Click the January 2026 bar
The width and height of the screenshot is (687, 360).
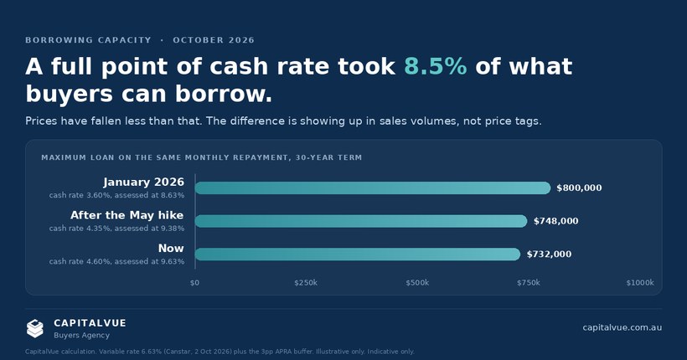[x=373, y=188]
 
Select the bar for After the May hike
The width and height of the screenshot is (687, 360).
[x=361, y=221]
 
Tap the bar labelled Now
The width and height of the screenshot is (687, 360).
[x=358, y=254]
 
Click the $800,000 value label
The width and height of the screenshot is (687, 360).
[x=579, y=188]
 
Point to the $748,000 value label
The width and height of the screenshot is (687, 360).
[x=555, y=221]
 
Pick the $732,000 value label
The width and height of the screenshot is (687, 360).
[x=549, y=254]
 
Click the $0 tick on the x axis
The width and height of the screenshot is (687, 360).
[x=194, y=282]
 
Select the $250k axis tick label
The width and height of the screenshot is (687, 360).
[x=306, y=282]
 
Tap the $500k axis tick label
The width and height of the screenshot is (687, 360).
[x=417, y=282]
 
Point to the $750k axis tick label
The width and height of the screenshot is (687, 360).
[x=529, y=282]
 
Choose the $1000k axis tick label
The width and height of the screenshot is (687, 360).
[x=640, y=282]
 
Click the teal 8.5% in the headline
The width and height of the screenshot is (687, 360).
[x=436, y=67]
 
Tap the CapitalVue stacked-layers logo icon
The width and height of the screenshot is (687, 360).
[x=35, y=328]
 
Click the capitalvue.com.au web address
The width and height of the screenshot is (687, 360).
[x=622, y=327]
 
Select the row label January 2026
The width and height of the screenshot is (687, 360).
[x=144, y=182]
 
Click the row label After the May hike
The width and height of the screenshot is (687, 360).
[x=127, y=215]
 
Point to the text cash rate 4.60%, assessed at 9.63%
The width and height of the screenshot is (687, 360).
[x=116, y=261]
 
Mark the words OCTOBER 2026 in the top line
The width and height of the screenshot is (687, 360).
[x=214, y=40]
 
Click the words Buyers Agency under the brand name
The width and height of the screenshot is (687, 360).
[x=81, y=336]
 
